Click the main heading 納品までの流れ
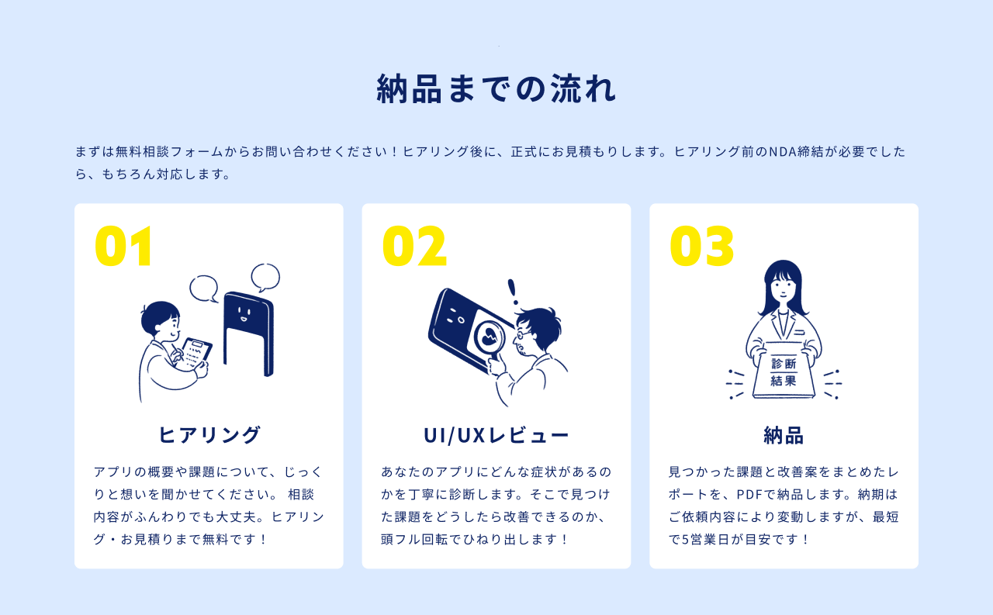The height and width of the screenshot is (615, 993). tap(496, 88)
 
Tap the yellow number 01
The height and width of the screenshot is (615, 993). tap(123, 246)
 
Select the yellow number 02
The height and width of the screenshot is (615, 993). tap(414, 246)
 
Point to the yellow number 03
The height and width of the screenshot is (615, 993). tap(701, 246)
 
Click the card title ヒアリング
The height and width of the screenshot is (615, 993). tap(209, 434)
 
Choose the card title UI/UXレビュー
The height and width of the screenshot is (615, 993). tap(496, 435)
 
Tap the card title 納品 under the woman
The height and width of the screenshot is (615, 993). tap(784, 435)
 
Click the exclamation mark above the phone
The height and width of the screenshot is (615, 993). tap(513, 292)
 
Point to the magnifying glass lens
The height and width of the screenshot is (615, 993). tap(490, 338)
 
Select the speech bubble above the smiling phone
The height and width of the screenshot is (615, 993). tap(265, 278)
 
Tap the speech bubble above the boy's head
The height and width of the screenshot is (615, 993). tap(204, 288)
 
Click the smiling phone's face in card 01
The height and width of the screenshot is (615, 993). tap(244, 314)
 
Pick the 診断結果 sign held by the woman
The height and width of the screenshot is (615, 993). tap(784, 371)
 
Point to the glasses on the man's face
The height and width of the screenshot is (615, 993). tap(523, 333)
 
